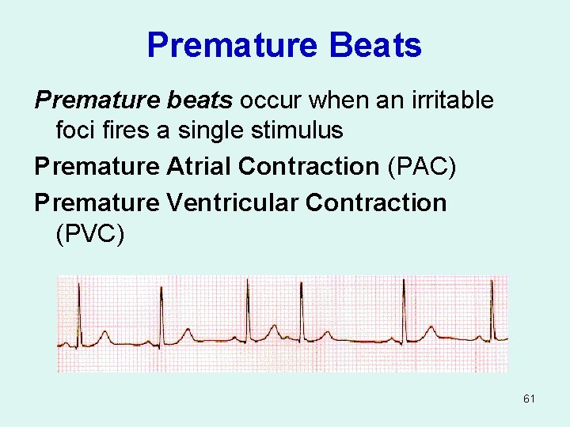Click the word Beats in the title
pos(374,45)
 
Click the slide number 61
pos(529,399)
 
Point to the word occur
pos(270,100)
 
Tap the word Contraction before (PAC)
pos(309,166)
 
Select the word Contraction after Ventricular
pos(376,202)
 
